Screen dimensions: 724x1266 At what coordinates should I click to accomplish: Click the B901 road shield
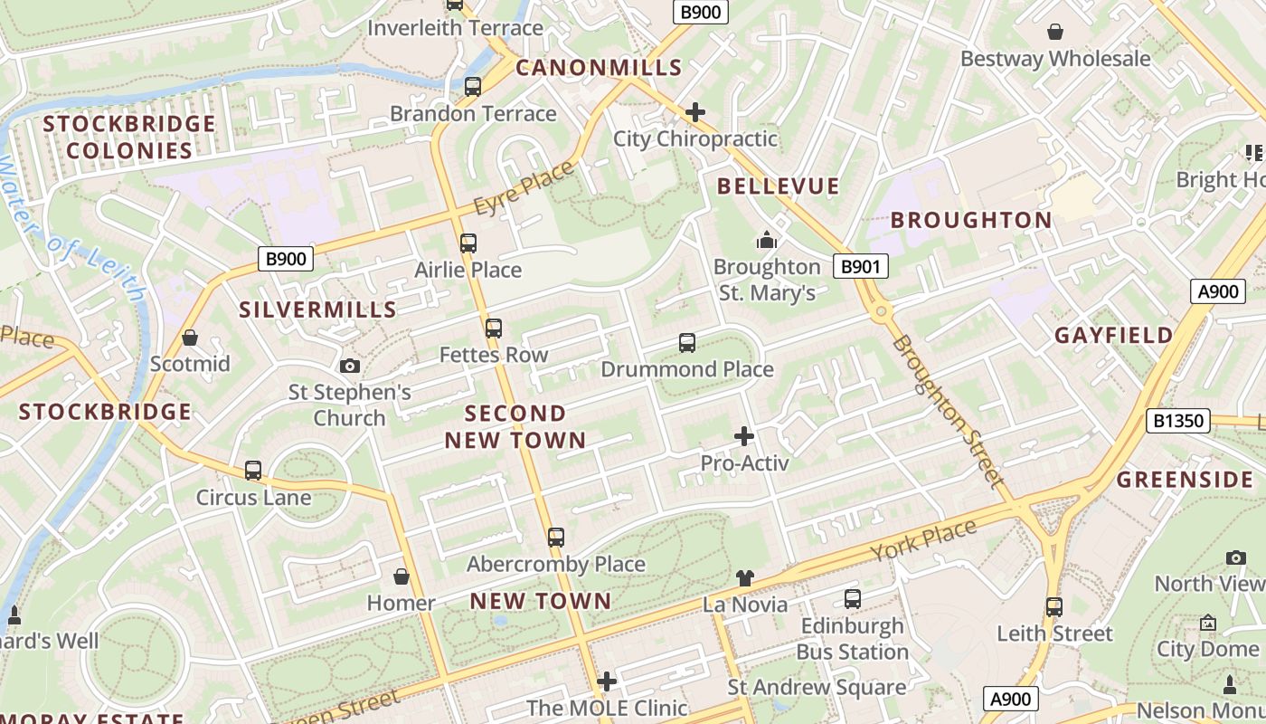(x=860, y=266)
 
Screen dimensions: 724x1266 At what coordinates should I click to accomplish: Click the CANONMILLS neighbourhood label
(x=599, y=68)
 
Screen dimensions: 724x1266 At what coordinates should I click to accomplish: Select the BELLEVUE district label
(x=779, y=186)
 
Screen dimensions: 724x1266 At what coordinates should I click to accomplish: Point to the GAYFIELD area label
(x=1114, y=336)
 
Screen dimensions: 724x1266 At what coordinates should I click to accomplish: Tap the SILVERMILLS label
(x=318, y=310)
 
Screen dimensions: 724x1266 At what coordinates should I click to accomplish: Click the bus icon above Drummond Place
(x=687, y=343)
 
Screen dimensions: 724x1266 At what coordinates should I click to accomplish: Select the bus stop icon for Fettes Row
(x=494, y=329)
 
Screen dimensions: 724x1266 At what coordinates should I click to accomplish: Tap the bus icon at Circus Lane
(x=253, y=471)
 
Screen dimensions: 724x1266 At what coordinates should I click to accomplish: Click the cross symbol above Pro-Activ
(x=744, y=436)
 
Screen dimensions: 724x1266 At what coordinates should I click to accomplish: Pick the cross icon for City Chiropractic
(x=695, y=112)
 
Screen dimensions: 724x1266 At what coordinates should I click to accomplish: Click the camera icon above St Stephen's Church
(x=349, y=366)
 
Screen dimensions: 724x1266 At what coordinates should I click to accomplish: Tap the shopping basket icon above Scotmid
(x=190, y=338)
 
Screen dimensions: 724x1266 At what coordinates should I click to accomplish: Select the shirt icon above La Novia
(x=744, y=577)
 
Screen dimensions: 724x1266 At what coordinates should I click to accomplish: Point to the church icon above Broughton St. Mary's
(x=767, y=240)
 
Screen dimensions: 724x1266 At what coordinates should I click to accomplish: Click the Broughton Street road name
(x=949, y=411)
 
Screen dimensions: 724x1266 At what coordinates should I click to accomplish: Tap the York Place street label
(x=923, y=539)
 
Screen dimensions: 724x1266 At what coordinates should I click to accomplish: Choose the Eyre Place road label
(x=524, y=188)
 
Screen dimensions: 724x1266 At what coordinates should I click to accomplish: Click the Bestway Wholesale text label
(x=1055, y=59)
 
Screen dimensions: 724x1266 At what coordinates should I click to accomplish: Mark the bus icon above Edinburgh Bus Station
(x=852, y=599)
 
